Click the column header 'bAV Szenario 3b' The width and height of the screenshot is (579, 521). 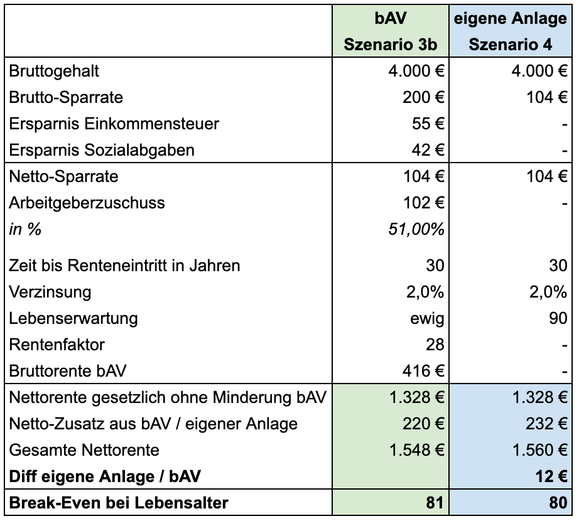coord(391,31)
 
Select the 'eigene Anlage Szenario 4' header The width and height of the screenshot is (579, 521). coord(511,31)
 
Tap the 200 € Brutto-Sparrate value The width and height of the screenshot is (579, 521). coord(423,97)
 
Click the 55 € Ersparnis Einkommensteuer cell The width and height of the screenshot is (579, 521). coord(428,124)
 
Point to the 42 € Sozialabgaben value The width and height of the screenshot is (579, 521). coord(428,150)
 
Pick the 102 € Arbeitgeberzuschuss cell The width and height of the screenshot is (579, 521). coord(423,203)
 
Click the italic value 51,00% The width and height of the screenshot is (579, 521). coord(416,230)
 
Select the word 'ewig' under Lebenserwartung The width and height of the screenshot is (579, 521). coord(427,318)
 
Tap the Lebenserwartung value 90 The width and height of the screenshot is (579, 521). coord(558,318)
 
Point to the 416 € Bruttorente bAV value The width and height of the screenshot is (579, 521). coord(423,371)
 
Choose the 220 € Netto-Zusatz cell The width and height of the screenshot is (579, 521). coord(423,424)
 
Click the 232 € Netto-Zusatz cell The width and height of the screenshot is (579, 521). coord(546,424)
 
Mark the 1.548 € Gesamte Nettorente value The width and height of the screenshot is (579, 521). coord(417,450)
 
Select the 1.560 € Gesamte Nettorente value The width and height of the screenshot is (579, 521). coord(540,450)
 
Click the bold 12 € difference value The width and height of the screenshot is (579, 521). coord(551,476)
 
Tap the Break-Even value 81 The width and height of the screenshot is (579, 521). coord(435,503)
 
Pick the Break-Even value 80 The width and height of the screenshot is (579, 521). coord(558,503)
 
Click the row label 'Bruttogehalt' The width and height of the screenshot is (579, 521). coord(54,72)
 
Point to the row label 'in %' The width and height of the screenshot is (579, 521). coord(25,230)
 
